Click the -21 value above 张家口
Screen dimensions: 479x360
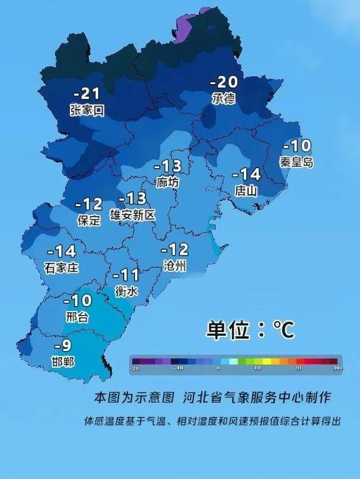[x=86, y=94]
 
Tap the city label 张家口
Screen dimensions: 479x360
[x=86, y=110]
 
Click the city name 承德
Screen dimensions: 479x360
[x=224, y=98]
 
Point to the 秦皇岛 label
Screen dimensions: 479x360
[x=296, y=161]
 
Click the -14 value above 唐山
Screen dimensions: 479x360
[x=246, y=175]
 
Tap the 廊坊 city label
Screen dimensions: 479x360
[x=168, y=182]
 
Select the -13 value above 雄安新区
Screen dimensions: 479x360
[x=132, y=198]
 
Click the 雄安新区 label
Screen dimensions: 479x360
[x=133, y=215]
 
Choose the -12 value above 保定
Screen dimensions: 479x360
[x=89, y=204]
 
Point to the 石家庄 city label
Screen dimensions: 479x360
[x=61, y=268]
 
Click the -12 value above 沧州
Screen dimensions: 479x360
[x=174, y=250]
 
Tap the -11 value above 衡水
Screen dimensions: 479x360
[x=126, y=275]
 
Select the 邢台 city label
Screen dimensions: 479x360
[x=77, y=317]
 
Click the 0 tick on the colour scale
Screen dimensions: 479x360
[x=218, y=368]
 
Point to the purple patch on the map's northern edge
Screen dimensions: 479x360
[x=185, y=26]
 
